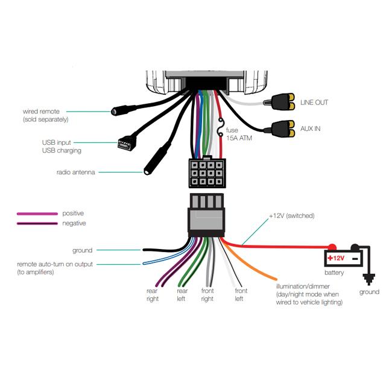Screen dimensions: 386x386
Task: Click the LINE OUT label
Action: point(314,103)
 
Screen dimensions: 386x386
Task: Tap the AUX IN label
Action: point(311,129)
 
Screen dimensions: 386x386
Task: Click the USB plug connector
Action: point(125,144)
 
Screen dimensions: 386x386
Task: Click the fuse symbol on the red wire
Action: point(221,129)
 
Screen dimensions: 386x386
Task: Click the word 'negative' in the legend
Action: point(74,223)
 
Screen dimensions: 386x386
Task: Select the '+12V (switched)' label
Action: point(291,215)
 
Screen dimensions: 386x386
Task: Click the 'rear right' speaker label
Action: point(152,295)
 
